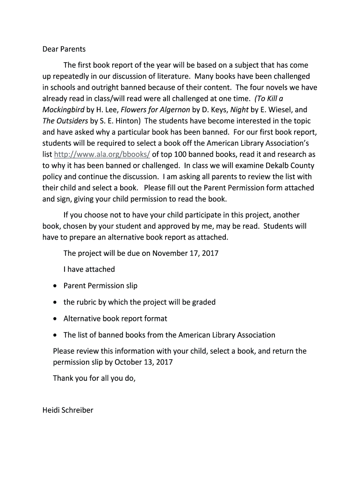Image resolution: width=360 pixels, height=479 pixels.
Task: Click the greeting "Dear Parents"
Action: [64, 49]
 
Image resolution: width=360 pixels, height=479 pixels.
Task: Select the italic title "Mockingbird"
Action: [64, 109]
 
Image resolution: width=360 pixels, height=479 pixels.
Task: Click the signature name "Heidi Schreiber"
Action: [68, 410]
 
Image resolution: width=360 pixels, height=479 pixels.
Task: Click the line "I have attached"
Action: [89, 269]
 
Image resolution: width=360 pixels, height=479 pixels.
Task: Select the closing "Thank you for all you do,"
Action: [94, 378]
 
